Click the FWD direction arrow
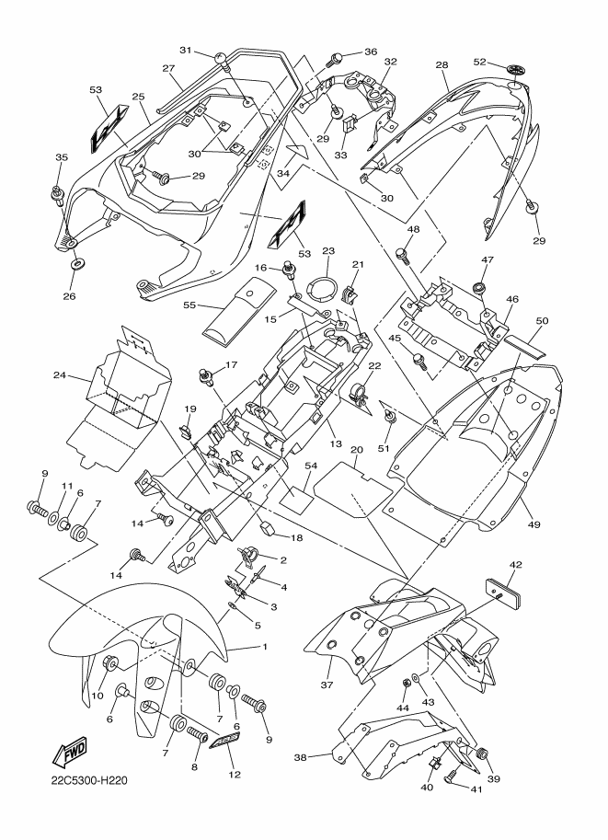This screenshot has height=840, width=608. [71, 753]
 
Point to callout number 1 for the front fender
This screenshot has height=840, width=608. [265, 647]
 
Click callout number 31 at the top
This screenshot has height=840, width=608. [185, 51]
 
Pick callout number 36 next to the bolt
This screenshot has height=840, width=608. [371, 52]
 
